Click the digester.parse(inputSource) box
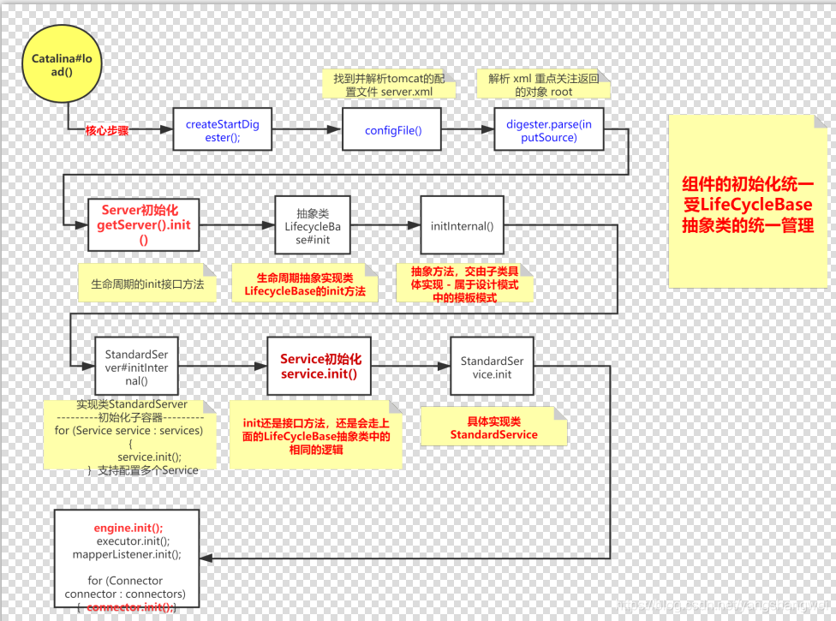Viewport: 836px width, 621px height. point(548,130)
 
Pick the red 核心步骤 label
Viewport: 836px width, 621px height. point(107,131)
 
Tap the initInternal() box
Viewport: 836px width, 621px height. point(462,225)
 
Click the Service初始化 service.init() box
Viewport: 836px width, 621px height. point(320,367)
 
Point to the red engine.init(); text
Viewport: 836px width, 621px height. point(128,528)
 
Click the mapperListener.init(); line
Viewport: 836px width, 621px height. point(128,554)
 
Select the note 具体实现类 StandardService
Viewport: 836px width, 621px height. point(493,427)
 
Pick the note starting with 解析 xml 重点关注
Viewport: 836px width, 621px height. point(542,85)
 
